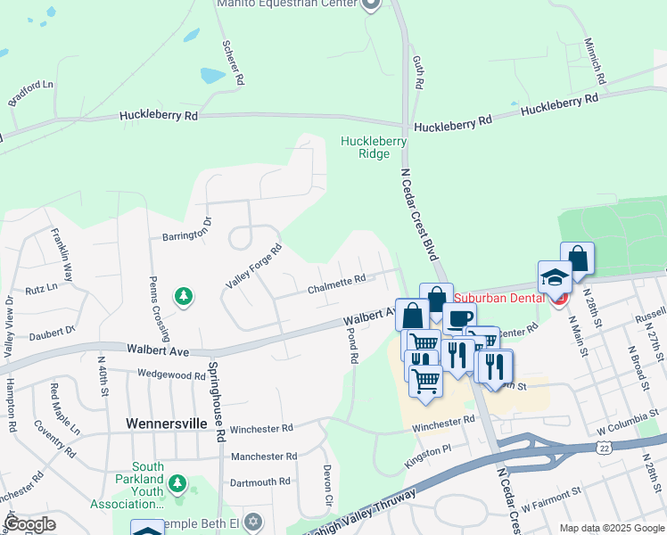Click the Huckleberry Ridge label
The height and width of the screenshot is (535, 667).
click(374, 147)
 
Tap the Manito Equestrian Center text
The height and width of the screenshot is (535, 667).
click(288, 4)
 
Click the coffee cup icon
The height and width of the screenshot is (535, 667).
click(460, 318)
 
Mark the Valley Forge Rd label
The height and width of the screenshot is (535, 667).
click(253, 266)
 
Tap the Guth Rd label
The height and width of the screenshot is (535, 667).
click(416, 71)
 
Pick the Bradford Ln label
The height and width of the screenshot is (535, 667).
click(31, 93)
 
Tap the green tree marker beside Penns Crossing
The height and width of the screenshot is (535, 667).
click(184, 295)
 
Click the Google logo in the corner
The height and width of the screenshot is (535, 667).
click(29, 524)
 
